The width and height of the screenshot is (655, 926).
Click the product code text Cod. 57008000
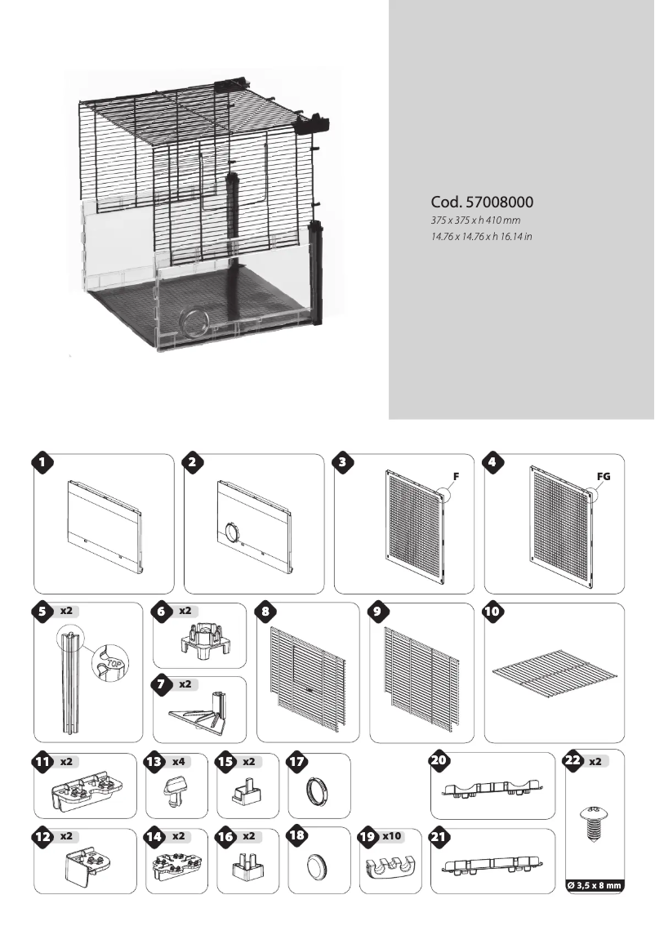point(483,202)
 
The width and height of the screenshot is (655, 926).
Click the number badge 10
point(495,615)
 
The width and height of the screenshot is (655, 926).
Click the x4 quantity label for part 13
point(177,762)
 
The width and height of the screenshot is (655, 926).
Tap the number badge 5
point(43,615)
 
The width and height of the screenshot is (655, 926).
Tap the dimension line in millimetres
point(475,221)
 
